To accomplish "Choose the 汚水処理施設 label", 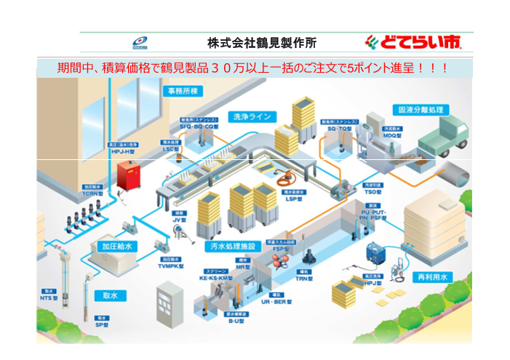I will (232, 247).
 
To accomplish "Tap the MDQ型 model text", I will (394, 135).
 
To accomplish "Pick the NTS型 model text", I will (49, 297).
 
